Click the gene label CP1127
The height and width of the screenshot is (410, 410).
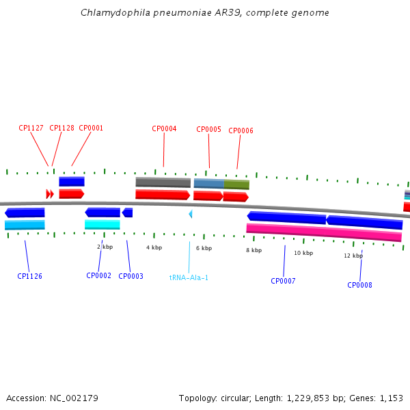31,128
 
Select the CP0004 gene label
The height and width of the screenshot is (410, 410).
164,128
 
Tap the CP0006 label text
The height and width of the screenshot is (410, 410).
241,131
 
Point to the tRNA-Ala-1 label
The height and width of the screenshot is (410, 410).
189,277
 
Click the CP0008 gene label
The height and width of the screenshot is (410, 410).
359,285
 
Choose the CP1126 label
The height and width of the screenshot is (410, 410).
29,277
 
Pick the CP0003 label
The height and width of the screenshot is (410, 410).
131,276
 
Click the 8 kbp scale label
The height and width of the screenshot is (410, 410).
254,250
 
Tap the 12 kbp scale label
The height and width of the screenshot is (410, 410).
353,256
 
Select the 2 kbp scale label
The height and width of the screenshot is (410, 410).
105,247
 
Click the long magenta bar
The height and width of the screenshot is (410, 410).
324,232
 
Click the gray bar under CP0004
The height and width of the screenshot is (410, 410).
163,182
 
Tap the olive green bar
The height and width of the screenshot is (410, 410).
236,184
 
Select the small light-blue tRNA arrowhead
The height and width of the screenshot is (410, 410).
191,214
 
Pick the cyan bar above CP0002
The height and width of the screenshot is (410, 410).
102,224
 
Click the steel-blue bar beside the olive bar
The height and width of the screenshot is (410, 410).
208,183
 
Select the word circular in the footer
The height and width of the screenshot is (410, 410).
245,398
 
